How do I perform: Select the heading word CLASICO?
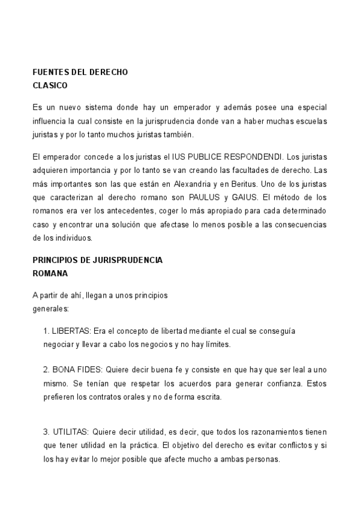50,85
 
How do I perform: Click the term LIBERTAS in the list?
70,331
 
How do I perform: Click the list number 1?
46,331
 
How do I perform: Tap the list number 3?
46,432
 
